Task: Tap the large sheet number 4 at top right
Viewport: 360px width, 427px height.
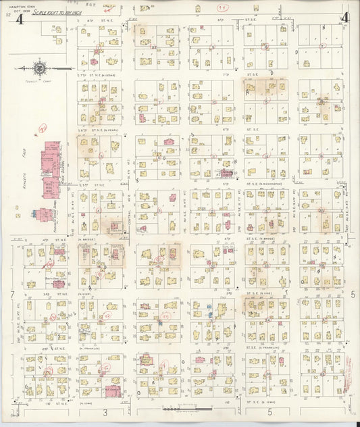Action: coord(345,18)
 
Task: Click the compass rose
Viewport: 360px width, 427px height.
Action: coord(40,68)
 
